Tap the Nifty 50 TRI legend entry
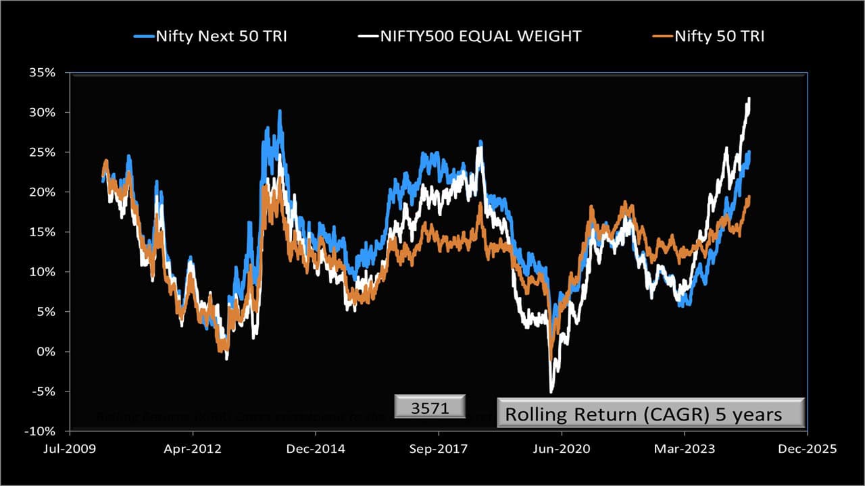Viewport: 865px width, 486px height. click(720, 36)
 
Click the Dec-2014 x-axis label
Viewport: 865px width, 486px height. click(316, 449)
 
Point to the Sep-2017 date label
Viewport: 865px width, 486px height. click(439, 449)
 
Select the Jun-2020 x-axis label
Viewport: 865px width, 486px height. click(562, 449)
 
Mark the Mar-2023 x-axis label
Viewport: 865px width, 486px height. click(685, 449)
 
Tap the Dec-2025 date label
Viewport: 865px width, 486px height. click(808, 449)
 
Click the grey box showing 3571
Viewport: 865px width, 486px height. click(430, 408)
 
